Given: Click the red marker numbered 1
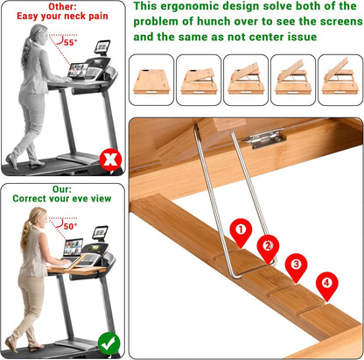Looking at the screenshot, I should [241, 231].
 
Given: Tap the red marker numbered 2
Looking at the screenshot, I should [269, 246].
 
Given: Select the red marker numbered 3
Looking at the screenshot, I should [297, 265].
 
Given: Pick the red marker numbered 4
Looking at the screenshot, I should [326, 284].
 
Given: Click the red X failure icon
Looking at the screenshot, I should [109, 160].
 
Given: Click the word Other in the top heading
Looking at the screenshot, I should [61, 6].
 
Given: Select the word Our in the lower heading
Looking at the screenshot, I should [61, 187].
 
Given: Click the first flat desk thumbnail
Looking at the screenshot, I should [151, 80].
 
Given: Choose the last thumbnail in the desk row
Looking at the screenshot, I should [339, 80].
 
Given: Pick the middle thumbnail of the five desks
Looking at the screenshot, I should [245, 80].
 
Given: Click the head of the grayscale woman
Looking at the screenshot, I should [38, 33].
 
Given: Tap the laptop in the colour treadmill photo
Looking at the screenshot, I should [73, 249].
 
